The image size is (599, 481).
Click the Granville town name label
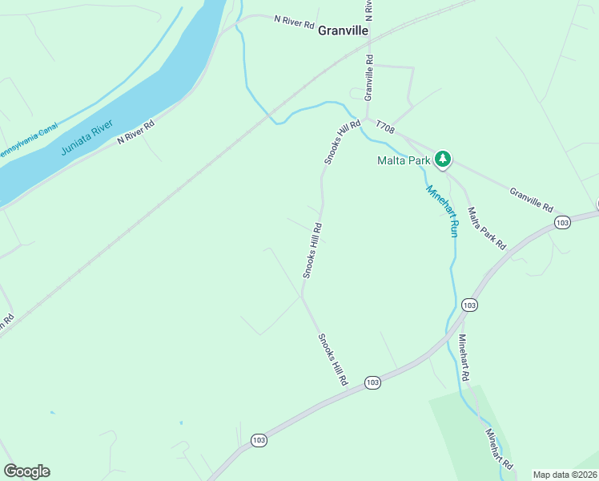pyautogui.click(x=343, y=30)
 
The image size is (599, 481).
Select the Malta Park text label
pyautogui.click(x=404, y=160)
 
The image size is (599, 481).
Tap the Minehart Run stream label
pyautogui.click(x=442, y=211)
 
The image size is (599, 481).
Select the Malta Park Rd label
pyautogui.click(x=487, y=227)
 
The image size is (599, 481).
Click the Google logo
pyautogui.click(x=26, y=471)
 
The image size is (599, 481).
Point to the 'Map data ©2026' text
pyautogui.click(x=565, y=475)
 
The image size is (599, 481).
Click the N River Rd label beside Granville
pyautogui.click(x=294, y=22)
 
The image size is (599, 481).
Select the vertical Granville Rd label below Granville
pyautogui.click(x=369, y=77)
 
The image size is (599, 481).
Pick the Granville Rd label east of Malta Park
pyautogui.click(x=531, y=200)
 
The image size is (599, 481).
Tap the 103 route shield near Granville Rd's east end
pyautogui.click(x=562, y=221)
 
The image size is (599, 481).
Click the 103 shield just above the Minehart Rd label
pyautogui.click(x=469, y=305)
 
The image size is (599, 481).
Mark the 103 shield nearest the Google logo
pyautogui.click(x=258, y=440)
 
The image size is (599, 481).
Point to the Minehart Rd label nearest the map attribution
pyautogui.click(x=498, y=449)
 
